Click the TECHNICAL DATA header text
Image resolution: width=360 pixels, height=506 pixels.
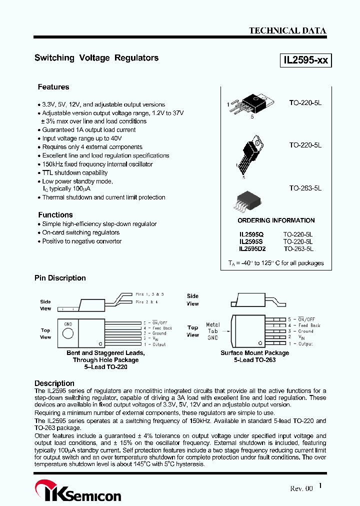click(x=287, y=30)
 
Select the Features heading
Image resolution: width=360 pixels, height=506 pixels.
click(x=53, y=87)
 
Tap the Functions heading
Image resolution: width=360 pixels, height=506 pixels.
click(x=55, y=215)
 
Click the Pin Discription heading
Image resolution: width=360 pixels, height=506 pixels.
click(x=60, y=278)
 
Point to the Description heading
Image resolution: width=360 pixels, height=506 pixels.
click(x=54, y=383)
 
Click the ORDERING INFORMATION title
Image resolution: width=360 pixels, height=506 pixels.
click(x=276, y=220)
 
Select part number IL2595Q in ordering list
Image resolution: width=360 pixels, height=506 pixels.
click(x=251, y=234)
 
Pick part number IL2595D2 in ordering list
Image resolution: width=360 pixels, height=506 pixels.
click(x=252, y=248)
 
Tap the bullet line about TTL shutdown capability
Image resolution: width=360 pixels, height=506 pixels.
click(x=74, y=172)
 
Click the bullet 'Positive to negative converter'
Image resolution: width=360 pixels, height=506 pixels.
click(x=81, y=241)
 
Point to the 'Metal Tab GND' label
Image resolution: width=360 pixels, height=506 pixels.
click(x=212, y=330)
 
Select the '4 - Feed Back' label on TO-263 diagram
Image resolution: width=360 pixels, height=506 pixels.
click(x=303, y=325)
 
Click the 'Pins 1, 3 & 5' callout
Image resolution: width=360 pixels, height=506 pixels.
click(x=149, y=294)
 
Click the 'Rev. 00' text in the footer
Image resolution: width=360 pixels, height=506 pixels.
click(x=301, y=488)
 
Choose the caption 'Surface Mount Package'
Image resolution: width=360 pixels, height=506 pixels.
click(x=255, y=353)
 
